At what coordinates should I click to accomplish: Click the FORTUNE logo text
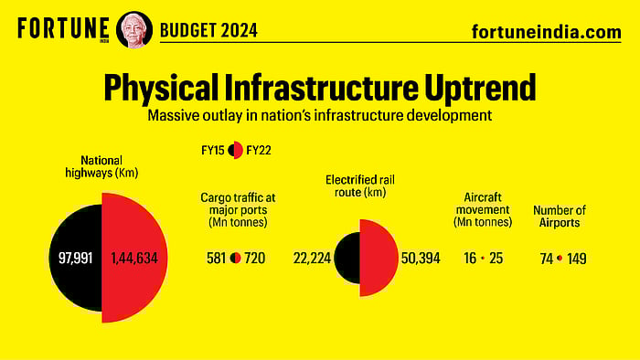click(x=63, y=28)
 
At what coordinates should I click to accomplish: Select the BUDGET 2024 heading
click(x=208, y=30)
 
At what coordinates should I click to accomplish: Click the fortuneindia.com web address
click(x=546, y=31)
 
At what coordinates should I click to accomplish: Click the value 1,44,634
click(x=133, y=259)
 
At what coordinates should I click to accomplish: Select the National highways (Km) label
click(x=101, y=166)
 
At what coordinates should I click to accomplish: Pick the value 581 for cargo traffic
click(x=218, y=259)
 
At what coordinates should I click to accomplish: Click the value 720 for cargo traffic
click(x=255, y=259)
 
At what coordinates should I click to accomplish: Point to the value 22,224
click(x=312, y=259)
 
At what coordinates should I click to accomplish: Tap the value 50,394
click(x=421, y=259)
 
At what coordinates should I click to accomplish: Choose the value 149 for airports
click(x=576, y=259)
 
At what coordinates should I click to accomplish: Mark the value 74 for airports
click(x=546, y=259)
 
